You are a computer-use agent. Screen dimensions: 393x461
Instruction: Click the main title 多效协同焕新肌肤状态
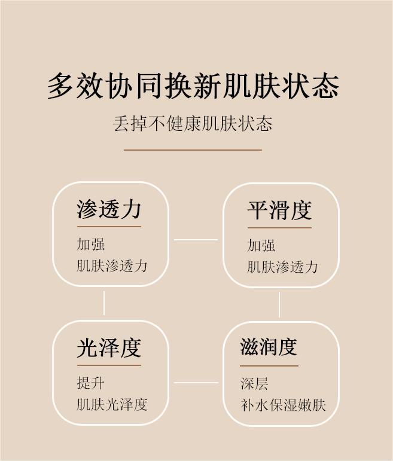coord(193,86)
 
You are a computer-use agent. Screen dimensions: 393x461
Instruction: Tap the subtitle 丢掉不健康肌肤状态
coord(193,124)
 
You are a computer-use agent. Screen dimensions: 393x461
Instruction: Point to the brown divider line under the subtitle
coord(193,149)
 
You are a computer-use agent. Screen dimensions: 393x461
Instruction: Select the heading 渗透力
coord(109,209)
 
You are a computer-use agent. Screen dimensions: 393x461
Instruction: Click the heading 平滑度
coord(279,210)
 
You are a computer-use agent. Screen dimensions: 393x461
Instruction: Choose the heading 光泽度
coord(109,348)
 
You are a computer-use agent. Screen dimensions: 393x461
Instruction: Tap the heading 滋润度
coord(269,347)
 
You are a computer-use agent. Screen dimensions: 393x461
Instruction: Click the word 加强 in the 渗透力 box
coord(91,244)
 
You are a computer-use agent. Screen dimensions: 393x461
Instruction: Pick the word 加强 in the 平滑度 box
coord(261,245)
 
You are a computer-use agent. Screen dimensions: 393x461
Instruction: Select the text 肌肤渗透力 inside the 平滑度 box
coord(282,267)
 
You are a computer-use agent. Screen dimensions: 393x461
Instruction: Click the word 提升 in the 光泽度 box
coord(91,383)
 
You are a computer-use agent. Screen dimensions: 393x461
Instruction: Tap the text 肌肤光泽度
coord(112,404)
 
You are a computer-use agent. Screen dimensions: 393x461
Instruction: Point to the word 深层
coord(254,383)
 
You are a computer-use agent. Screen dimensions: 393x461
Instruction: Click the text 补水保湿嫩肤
coord(283,405)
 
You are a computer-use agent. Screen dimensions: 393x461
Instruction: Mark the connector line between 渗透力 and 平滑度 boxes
coord(196,240)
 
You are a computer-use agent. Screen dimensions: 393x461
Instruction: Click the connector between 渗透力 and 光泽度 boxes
coord(104,303)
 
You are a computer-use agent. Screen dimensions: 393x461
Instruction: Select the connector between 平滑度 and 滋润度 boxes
coord(279,304)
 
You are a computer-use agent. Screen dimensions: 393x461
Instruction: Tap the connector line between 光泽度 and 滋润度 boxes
coord(196,383)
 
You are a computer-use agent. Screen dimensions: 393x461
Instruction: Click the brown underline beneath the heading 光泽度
coord(109,365)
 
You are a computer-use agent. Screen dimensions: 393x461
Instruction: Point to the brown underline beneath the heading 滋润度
coord(269,365)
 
